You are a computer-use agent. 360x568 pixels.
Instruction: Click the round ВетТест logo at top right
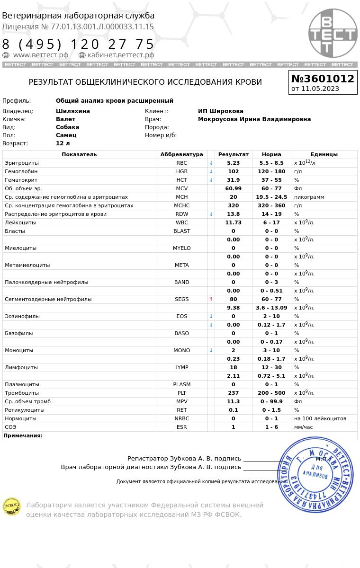pos(333,33)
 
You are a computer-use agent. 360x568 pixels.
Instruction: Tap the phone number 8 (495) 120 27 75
pos(78,44)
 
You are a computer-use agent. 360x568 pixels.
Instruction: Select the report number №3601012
pos(323,79)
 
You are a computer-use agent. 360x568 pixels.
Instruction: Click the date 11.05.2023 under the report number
pos(320,89)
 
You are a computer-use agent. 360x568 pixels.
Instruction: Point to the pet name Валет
pos(65,119)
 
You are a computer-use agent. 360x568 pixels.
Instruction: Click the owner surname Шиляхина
pos(72,111)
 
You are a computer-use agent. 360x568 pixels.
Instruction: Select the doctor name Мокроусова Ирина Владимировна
pos(254,119)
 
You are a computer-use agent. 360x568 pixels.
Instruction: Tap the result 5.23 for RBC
pos(233,163)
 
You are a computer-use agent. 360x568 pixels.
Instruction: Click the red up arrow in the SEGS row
pos(211,299)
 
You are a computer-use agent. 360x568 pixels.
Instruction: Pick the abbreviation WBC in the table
pos(181,222)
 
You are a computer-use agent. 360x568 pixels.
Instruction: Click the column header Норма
pos(271,154)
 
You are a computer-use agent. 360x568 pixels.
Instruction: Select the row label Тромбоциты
pos(22,393)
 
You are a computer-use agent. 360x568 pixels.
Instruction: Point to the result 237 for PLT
pos(233,393)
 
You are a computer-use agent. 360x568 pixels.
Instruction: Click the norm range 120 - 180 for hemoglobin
pos(271,171)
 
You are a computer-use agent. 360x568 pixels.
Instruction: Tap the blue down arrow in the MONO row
pos(211,350)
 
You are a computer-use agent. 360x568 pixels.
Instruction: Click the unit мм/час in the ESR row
pos(304,427)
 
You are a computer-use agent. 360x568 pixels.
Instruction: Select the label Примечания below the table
pos(23,435)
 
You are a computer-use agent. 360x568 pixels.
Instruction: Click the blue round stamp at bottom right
pos(315,474)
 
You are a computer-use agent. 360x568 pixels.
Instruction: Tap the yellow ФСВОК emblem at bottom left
pos(12,506)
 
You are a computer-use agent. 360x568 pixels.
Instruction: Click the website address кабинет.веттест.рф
pos(120,55)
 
